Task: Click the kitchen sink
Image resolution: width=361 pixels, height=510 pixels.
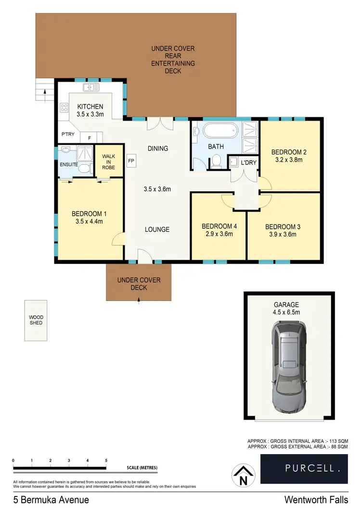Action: [x=91, y=87]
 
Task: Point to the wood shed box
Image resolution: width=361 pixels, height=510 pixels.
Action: [x=36, y=320]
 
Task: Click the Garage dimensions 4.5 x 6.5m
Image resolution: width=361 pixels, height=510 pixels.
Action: [x=286, y=312]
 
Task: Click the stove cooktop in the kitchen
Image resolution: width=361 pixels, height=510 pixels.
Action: [x=64, y=107]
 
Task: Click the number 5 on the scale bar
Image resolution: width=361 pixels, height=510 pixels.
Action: [x=106, y=460]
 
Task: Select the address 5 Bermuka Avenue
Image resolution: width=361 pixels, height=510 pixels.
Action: [x=44, y=500]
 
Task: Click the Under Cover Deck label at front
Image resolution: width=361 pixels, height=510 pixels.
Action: [x=139, y=284]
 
